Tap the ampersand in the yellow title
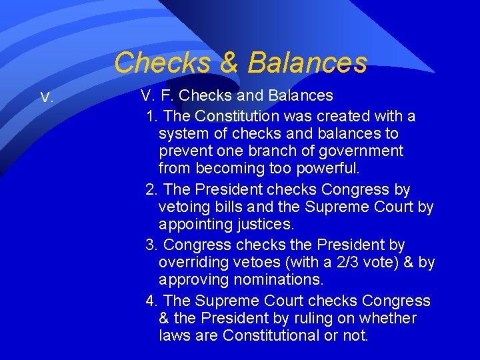(229, 63)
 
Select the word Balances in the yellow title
(307, 63)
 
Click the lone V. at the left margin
(47, 98)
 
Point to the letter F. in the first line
(167, 96)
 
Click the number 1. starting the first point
(152, 116)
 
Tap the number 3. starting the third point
(152, 245)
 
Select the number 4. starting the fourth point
(152, 301)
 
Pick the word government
(361, 151)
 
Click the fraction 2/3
(332, 263)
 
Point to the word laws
(175, 336)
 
